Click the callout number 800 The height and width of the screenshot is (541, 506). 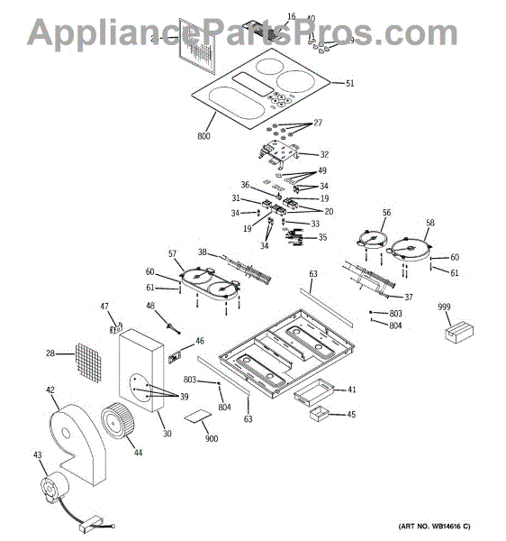[203, 136]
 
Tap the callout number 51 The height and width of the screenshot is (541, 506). [350, 83]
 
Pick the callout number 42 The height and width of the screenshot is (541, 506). [50, 390]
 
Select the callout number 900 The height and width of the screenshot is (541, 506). [211, 438]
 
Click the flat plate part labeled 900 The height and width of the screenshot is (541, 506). [200, 417]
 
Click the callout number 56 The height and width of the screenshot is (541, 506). [386, 213]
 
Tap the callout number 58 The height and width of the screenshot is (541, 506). [429, 222]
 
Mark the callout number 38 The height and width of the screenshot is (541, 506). [203, 252]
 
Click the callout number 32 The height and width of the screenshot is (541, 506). [324, 154]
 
